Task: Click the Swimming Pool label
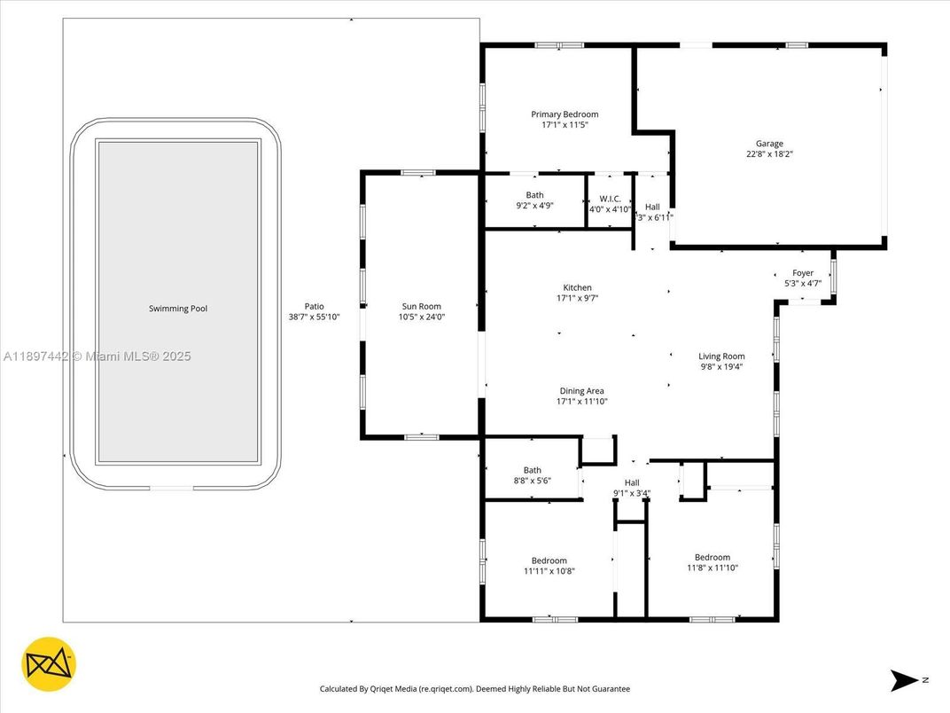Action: tap(178, 309)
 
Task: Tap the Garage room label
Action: tap(769, 144)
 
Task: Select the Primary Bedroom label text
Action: tap(565, 114)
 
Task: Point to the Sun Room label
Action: tap(421, 307)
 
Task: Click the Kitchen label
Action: tap(577, 288)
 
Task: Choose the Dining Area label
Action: tap(581, 391)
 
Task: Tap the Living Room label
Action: tap(720, 356)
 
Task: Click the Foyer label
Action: tap(802, 273)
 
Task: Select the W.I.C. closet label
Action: tap(610, 199)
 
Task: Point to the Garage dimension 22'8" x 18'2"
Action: tap(769, 154)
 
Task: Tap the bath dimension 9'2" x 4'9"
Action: tap(534, 206)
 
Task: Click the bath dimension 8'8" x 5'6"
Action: tap(532, 481)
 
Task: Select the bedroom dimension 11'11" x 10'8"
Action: tap(549, 571)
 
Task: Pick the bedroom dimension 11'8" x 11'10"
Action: tap(712, 568)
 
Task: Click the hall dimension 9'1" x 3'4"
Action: tap(632, 494)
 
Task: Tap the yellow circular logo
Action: tap(49, 664)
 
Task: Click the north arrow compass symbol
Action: tap(906, 680)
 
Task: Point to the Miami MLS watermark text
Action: tap(97, 356)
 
